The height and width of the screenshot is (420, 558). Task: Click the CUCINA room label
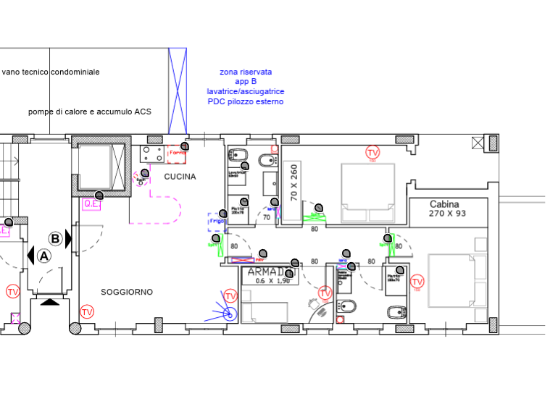(180, 176)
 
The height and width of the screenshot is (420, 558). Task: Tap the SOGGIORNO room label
(127, 292)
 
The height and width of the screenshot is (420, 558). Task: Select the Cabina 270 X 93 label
(448, 209)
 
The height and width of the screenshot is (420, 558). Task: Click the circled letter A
(44, 255)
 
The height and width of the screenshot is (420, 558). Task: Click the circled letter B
(56, 238)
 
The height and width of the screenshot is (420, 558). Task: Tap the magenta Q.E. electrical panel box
(91, 203)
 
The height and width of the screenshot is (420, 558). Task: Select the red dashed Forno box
(174, 153)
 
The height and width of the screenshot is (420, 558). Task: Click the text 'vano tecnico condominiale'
(51, 72)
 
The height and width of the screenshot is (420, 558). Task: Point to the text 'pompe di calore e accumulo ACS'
(90, 112)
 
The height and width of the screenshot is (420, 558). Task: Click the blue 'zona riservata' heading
(246, 72)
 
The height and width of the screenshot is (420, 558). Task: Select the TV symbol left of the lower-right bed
(417, 282)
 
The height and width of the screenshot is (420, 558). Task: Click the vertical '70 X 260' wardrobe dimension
(293, 182)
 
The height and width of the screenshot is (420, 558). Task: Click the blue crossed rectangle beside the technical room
(178, 91)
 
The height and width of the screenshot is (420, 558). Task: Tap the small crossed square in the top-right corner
(477, 143)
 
